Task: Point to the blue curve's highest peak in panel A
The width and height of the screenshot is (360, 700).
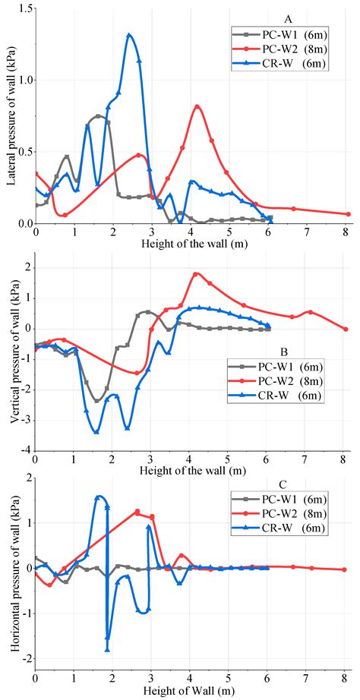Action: click(129, 35)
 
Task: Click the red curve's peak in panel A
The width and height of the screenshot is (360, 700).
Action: click(198, 106)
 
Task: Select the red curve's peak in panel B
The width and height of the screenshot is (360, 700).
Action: click(196, 274)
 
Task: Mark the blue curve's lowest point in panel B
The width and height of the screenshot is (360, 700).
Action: click(96, 432)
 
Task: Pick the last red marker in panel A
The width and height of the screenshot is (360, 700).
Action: click(348, 214)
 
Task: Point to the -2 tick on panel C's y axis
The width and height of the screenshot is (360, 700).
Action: click(25, 659)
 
